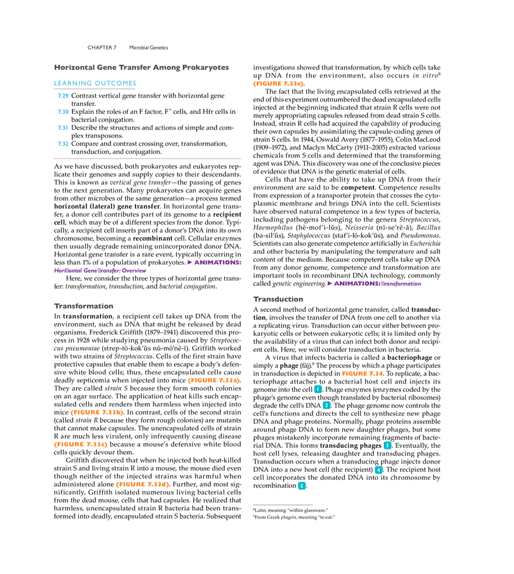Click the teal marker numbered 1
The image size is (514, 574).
click(x=318, y=389)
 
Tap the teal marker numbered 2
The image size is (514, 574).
click(x=327, y=405)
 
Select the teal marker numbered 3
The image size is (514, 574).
click(x=387, y=446)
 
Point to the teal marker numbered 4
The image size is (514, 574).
click(x=378, y=470)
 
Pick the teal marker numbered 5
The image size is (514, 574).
click(x=301, y=486)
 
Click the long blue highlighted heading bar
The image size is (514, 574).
click(x=96, y=84)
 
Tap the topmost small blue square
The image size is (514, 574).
click(x=63, y=96)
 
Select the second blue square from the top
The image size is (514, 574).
click(x=63, y=112)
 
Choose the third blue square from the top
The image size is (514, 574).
click(x=63, y=127)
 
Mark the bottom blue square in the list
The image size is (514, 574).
click(x=63, y=144)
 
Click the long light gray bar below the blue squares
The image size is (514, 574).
click(x=147, y=158)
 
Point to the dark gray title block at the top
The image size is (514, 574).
click(x=140, y=67)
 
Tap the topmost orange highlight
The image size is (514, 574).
click(x=277, y=84)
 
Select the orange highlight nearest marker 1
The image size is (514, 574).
click(x=362, y=374)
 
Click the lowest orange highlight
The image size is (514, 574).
click(x=143, y=485)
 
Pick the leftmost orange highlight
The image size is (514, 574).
click(x=80, y=444)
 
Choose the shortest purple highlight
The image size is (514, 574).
click(x=214, y=262)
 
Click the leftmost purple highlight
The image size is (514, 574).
click(x=100, y=271)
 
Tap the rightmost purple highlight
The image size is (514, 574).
click(x=376, y=284)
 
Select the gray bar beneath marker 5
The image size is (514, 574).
click(x=283, y=503)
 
